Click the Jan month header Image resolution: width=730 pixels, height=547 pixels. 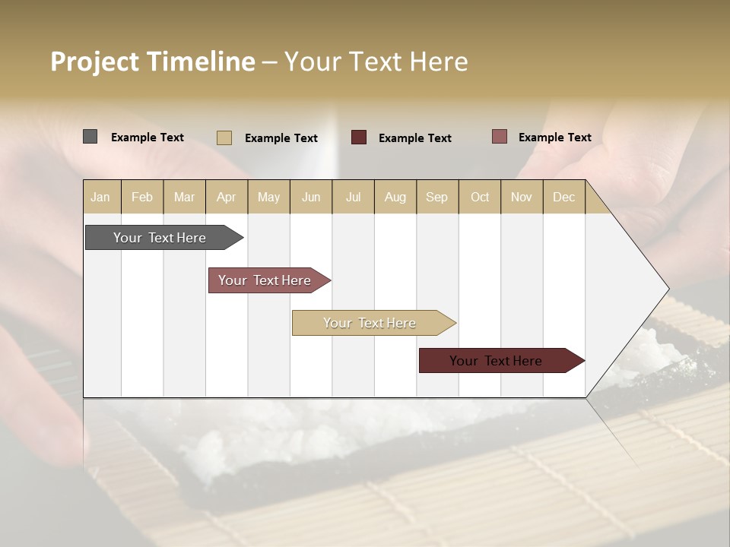(101, 197)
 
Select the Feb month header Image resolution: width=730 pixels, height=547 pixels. (142, 197)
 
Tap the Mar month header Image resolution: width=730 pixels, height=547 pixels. (184, 197)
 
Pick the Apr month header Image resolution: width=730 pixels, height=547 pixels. (227, 197)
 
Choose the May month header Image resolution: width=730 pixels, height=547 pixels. (268, 197)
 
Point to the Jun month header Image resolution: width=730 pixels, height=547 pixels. (311, 197)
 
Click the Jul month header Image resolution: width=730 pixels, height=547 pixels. (353, 197)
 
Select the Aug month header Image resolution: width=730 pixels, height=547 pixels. (395, 197)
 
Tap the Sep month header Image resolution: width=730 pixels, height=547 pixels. (437, 197)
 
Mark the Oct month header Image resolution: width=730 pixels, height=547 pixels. (480, 197)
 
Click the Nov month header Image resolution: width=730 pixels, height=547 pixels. (522, 197)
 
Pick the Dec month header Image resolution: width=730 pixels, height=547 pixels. (564, 197)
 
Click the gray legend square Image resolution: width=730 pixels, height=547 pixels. (90, 137)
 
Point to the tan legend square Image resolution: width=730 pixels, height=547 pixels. (224, 138)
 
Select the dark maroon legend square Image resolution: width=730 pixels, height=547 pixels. (359, 138)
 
